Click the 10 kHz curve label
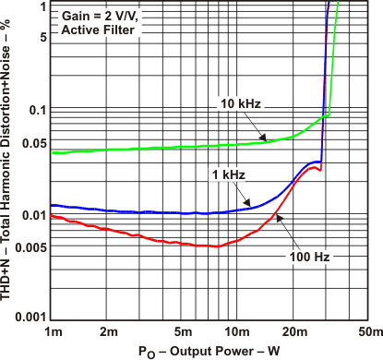pos(243,102)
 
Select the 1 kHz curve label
pos(226,173)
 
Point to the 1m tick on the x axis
pos(54,330)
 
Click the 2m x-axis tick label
pos(109,330)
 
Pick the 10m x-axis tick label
pos(238,330)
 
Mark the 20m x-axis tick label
pos(295,330)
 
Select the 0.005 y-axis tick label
pos(30,247)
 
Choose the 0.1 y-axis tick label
pos(38,111)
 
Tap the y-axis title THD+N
pos(8,162)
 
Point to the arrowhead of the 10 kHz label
pos(271,140)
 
